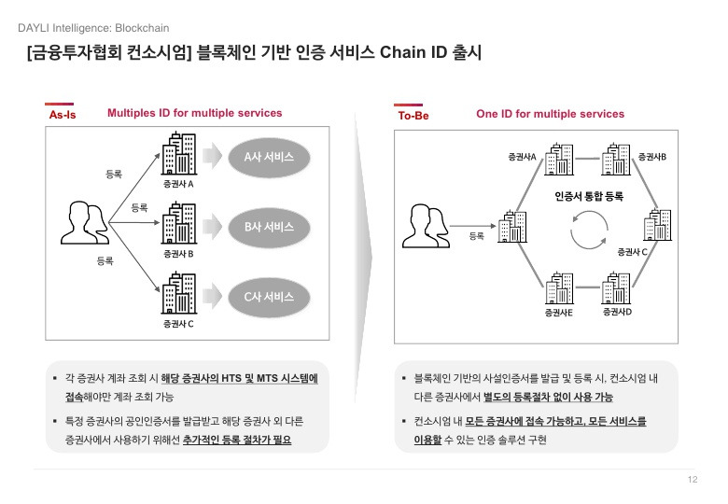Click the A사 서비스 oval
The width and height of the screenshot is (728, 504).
[x=269, y=157]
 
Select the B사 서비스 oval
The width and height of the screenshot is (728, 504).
[x=269, y=227]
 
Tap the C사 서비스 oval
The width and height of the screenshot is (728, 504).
[x=269, y=297]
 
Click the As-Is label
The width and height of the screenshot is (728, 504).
[x=62, y=115]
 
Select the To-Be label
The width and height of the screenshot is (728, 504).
[x=413, y=115]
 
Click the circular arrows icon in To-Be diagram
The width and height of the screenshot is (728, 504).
[x=590, y=231]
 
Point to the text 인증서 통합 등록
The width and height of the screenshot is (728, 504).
[x=588, y=197]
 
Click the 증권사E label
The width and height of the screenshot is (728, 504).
[x=558, y=312]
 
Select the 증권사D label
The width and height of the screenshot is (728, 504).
[x=617, y=311]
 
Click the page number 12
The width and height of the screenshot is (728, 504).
[x=692, y=480]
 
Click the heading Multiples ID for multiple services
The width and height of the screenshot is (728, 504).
[x=194, y=113]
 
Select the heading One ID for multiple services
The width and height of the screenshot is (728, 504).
[x=550, y=114]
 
